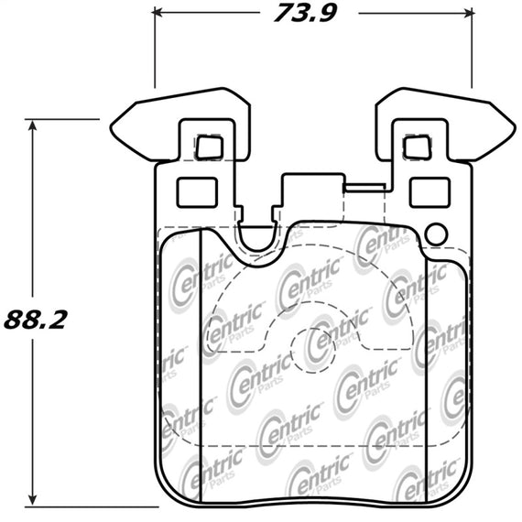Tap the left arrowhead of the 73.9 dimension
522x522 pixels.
[158, 14]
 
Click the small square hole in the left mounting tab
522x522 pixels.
[211, 146]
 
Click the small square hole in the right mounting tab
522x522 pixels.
[417, 146]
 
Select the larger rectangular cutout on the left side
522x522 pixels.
[195, 191]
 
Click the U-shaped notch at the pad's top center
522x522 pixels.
[258, 237]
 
